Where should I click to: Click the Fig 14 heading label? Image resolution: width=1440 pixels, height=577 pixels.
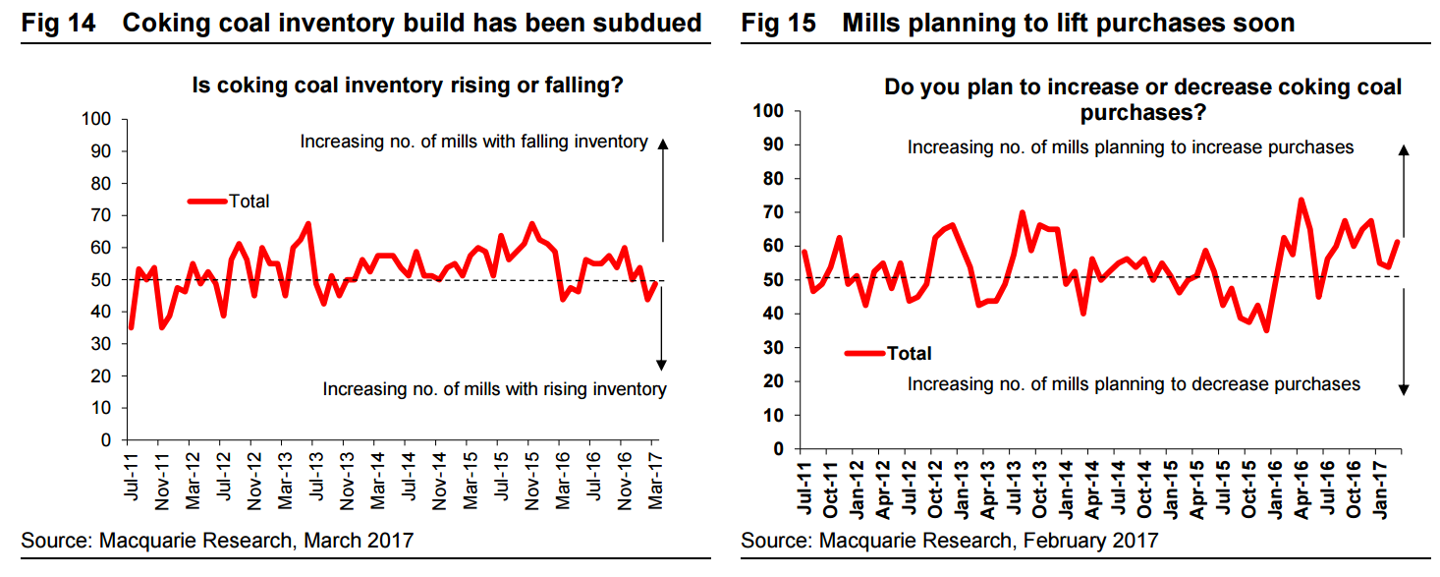(x=58, y=24)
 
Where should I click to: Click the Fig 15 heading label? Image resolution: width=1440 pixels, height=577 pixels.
(x=778, y=24)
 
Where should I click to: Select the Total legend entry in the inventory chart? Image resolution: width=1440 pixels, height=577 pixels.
(x=229, y=202)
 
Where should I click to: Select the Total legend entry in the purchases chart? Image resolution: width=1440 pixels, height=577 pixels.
(x=888, y=353)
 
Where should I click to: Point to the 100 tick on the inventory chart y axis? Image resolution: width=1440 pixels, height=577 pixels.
(x=96, y=119)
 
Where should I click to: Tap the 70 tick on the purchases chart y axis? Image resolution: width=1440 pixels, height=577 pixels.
(x=773, y=212)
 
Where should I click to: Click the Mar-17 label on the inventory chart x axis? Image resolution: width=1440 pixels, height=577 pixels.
(x=654, y=480)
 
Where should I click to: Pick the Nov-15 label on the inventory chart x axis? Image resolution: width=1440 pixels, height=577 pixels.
(x=531, y=481)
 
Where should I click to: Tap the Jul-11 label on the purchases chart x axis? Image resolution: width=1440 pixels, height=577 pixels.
(x=804, y=488)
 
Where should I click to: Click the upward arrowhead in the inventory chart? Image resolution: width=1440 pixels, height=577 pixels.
(x=663, y=144)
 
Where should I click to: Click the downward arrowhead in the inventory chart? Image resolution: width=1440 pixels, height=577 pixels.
(x=661, y=365)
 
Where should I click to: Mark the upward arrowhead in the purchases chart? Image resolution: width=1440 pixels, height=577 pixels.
(x=1404, y=149)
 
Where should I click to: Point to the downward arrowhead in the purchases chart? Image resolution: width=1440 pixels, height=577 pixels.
(x=1404, y=389)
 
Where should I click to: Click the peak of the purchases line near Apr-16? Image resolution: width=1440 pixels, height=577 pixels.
(x=1302, y=201)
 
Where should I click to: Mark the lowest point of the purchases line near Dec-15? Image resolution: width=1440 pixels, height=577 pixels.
(x=1266, y=330)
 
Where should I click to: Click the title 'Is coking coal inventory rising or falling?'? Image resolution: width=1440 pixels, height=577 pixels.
(x=408, y=86)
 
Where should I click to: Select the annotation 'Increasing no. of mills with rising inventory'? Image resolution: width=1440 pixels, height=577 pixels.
(x=494, y=389)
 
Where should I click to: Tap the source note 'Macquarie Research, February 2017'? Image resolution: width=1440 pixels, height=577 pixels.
(x=989, y=541)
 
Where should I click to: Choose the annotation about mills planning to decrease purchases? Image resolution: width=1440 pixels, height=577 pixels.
(x=1134, y=384)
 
